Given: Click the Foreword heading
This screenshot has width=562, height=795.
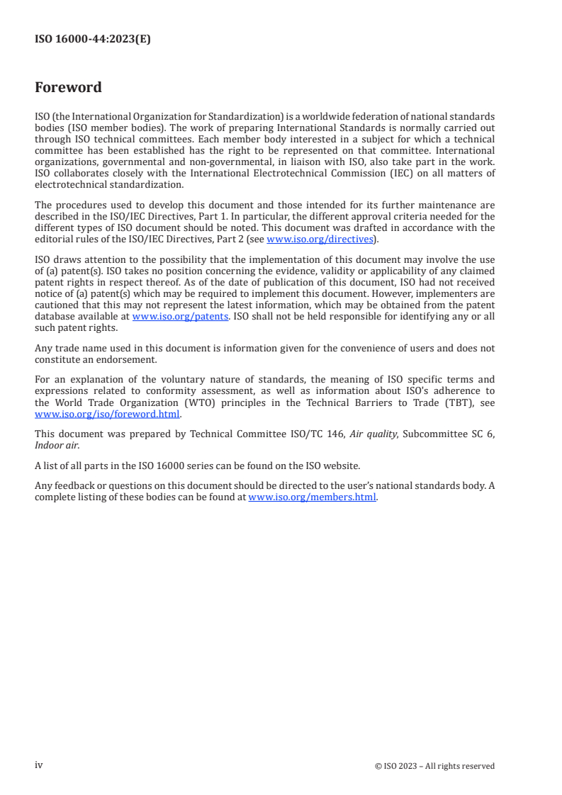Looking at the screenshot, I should tap(68, 88).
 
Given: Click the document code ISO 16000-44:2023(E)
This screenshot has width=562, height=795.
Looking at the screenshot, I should tap(92, 40).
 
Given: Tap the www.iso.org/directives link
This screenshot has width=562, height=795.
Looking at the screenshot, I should tap(320, 239).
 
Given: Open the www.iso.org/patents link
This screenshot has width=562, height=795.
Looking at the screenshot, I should tap(180, 317).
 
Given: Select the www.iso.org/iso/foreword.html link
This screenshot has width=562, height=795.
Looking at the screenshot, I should tap(107, 415).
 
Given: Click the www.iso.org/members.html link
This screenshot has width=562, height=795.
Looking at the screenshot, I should tap(312, 497).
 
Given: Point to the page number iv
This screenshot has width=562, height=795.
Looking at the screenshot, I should tap(39, 765).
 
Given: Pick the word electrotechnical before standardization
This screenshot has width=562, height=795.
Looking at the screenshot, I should tap(70, 185).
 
